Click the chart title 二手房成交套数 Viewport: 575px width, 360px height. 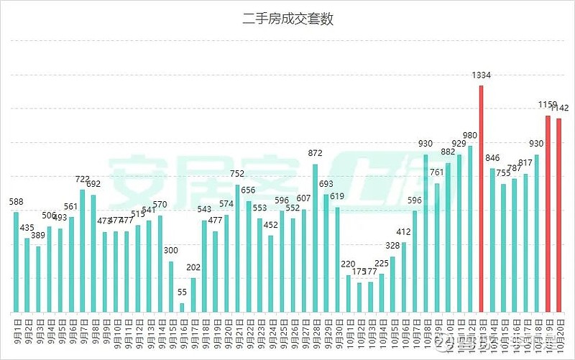pos(287,19)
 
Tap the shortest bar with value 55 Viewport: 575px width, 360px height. pos(182,308)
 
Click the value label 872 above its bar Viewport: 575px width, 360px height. pos(315,154)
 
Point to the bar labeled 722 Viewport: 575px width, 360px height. pos(83,251)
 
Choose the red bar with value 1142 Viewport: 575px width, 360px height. pos(559,216)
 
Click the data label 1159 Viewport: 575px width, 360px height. pos(547,105)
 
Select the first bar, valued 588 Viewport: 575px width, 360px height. pos(16,263)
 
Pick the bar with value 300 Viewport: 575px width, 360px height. pos(171,287)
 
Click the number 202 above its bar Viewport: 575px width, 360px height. pos(193,267)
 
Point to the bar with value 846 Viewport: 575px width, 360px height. pos(492,241)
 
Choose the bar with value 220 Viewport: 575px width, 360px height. pos(349,295)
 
